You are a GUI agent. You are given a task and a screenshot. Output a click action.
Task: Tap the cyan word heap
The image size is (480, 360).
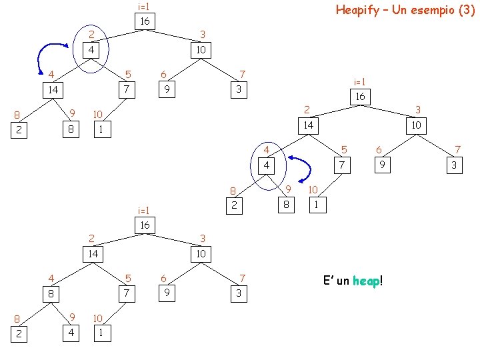pyautogui.click(x=365, y=281)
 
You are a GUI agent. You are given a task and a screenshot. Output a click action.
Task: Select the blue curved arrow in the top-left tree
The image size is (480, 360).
pyautogui.click(x=47, y=55)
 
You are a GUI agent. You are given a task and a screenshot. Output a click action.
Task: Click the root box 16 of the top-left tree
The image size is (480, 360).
pyautogui.click(x=144, y=22)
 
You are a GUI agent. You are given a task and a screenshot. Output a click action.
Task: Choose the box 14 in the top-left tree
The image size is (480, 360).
pyautogui.click(x=53, y=90)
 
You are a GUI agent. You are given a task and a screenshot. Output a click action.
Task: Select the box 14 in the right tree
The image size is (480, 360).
pyautogui.click(x=308, y=125)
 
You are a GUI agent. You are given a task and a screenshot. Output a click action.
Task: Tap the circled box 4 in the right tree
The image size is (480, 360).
pyautogui.click(x=267, y=165)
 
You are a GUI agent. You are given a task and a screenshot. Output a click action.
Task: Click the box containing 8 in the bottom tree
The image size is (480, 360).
pyautogui.click(x=51, y=293)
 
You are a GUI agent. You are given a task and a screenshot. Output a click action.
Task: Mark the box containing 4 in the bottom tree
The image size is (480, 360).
pyautogui.click(x=70, y=331)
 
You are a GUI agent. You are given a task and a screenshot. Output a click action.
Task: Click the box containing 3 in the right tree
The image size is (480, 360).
pyautogui.click(x=453, y=165)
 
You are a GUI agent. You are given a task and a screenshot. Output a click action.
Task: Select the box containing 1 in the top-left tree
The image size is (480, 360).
pyautogui.click(x=100, y=129)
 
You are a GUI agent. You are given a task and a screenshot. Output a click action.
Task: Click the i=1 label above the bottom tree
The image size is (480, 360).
pyautogui.click(x=143, y=210)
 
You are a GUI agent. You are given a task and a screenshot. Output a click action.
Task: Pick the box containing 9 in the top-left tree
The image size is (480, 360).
pyautogui.click(x=169, y=89)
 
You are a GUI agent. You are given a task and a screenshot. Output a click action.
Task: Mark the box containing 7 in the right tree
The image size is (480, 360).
pyautogui.click(x=342, y=165)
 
